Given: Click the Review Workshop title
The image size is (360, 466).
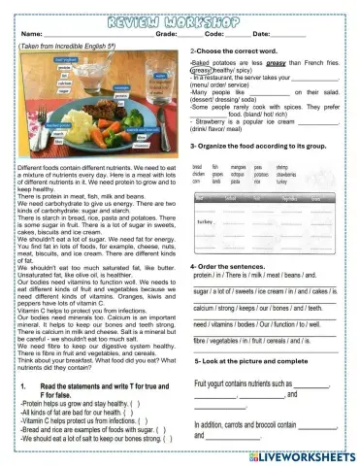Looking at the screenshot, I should pos(180,17).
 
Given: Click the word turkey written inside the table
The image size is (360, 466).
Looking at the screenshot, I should pos(205,222).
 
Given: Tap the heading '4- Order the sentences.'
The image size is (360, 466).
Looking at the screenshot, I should pos(230,265).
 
